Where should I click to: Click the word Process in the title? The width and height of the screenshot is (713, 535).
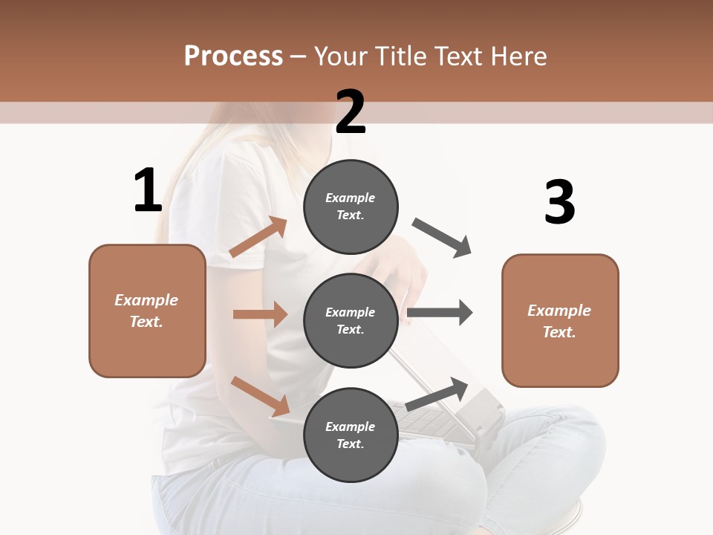pyautogui.click(x=233, y=56)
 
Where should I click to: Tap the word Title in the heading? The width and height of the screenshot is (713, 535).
pyautogui.click(x=400, y=56)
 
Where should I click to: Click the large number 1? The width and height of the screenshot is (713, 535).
pyautogui.click(x=148, y=191)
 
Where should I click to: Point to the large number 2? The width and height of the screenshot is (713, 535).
pyautogui.click(x=351, y=112)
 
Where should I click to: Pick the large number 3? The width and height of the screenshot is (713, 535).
pyautogui.click(x=559, y=202)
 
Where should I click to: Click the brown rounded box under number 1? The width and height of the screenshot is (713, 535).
pyautogui.click(x=147, y=311)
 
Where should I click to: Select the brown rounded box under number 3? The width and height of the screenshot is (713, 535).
pyautogui.click(x=560, y=320)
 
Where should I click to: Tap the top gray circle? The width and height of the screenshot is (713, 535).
pyautogui.click(x=351, y=207)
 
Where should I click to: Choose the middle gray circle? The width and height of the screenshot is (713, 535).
pyautogui.click(x=351, y=320)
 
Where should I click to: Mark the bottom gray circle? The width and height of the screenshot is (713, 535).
pyautogui.click(x=351, y=435)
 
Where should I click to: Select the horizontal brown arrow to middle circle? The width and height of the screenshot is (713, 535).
pyautogui.click(x=260, y=314)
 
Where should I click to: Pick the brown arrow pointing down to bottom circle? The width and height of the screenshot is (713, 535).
pyautogui.click(x=260, y=396)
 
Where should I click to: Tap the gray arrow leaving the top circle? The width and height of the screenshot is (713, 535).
pyautogui.click(x=442, y=238)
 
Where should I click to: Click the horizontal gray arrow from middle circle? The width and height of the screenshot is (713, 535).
pyautogui.click(x=440, y=313)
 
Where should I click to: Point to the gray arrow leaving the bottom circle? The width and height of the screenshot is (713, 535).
pyautogui.click(x=437, y=394)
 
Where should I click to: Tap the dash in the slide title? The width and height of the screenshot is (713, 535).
pyautogui.click(x=299, y=56)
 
